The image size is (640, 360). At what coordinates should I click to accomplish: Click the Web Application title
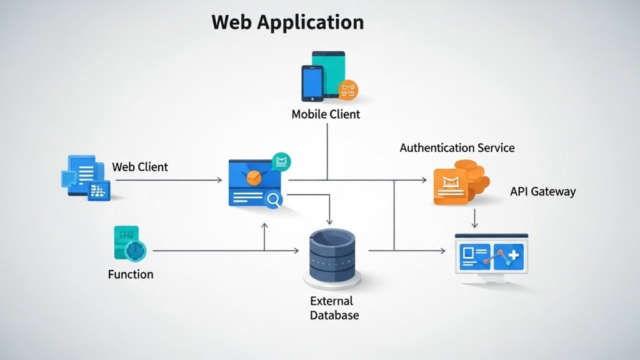(x=287, y=22)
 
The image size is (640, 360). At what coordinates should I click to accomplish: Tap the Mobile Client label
(x=326, y=114)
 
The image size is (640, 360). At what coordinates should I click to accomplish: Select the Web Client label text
(x=140, y=167)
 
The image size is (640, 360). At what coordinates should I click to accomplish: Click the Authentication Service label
(x=457, y=148)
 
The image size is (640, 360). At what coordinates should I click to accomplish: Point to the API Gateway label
(x=542, y=192)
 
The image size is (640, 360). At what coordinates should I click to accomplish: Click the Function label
(x=131, y=274)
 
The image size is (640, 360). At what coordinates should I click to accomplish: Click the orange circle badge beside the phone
(x=347, y=90)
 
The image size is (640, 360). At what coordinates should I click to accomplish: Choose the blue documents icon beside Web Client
(x=85, y=176)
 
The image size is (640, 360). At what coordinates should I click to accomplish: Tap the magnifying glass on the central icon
(x=274, y=199)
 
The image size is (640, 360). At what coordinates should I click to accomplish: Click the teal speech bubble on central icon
(x=282, y=162)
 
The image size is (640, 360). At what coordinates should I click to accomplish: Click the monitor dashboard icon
(x=491, y=257)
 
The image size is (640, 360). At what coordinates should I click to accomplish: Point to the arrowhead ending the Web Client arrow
(x=219, y=180)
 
